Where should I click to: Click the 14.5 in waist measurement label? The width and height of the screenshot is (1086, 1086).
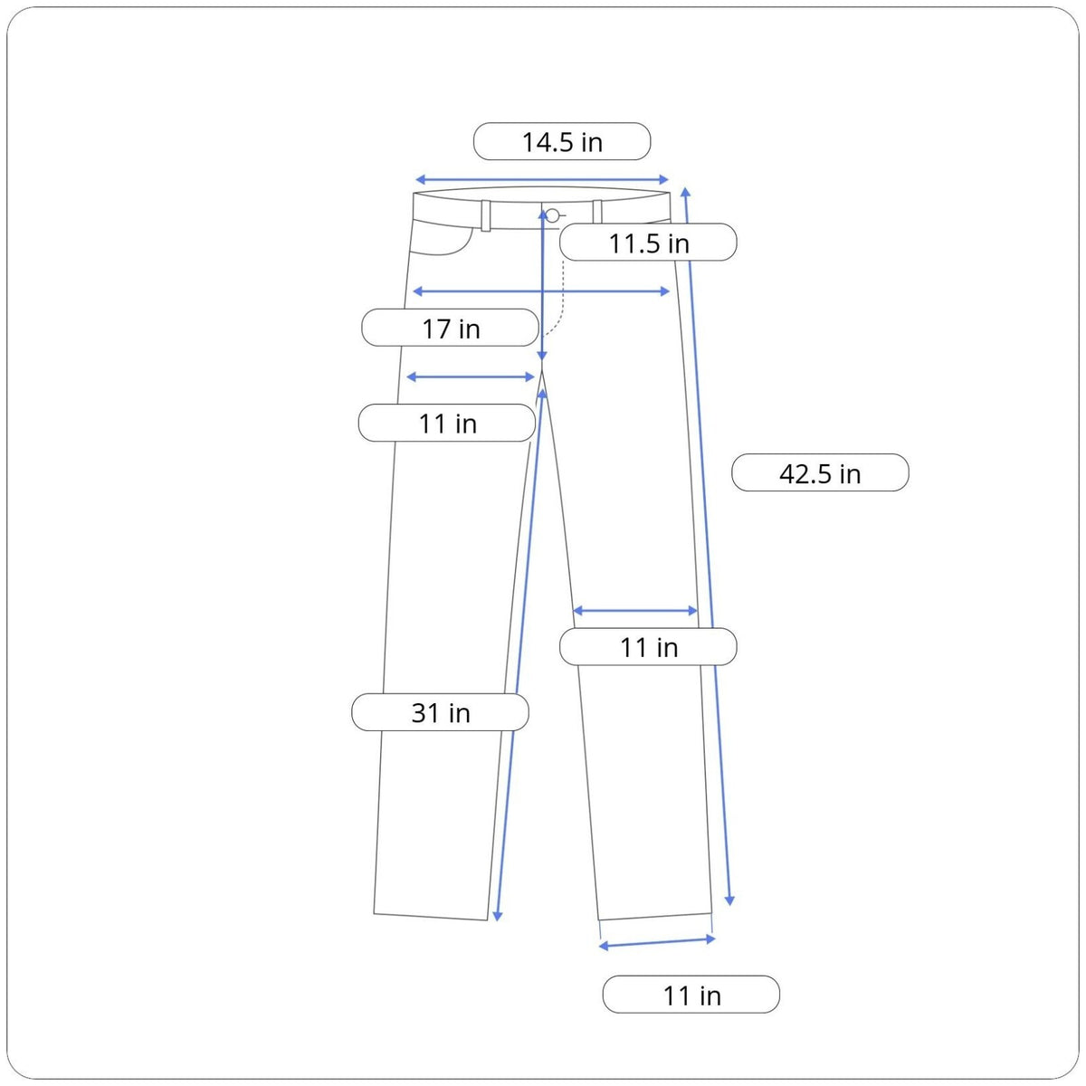[x=562, y=141]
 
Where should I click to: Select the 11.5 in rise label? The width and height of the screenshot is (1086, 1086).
[x=648, y=243]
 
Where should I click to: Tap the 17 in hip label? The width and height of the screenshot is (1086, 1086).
[x=451, y=328]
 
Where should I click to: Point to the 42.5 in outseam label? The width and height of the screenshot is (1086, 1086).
[x=820, y=472]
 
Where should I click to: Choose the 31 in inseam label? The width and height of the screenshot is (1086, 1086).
[x=440, y=712]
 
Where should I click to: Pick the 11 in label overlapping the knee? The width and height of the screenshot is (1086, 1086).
[x=648, y=646]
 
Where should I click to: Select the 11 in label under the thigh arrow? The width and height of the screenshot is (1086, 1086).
[x=447, y=423]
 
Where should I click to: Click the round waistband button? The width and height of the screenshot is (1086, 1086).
[x=553, y=215]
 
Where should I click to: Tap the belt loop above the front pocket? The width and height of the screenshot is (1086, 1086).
[x=486, y=216]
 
